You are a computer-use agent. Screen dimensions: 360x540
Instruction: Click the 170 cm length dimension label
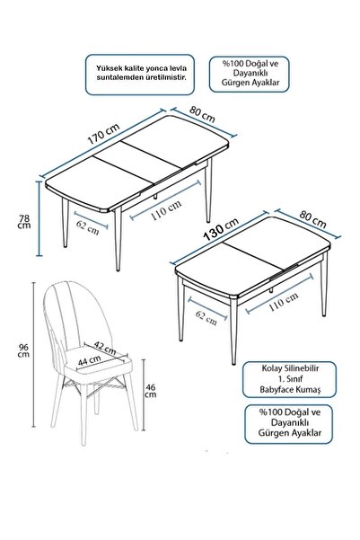[103, 134]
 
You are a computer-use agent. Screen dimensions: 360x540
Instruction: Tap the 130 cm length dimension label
[221, 229]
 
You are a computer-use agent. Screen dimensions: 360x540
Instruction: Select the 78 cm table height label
[25, 222]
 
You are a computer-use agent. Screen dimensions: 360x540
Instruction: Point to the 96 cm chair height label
[23, 350]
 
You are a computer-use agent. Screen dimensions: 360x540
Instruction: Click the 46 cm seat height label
[151, 391]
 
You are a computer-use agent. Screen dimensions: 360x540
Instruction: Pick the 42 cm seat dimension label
[105, 348]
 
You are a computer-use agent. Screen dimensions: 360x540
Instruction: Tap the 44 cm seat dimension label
[89, 360]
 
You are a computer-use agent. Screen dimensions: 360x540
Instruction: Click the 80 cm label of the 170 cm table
[202, 114]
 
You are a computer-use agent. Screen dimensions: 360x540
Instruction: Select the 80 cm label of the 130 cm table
[312, 219]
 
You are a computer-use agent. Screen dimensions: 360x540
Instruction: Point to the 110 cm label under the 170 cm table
[166, 209]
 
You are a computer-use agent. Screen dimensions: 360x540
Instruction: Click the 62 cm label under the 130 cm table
[206, 317]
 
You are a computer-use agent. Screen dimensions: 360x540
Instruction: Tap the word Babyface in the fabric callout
[275, 390]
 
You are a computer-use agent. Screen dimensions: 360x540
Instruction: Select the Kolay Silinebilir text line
[290, 368]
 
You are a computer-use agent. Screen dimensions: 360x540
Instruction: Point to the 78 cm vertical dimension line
[40, 219]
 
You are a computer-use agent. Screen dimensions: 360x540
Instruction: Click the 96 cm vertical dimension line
[34, 355]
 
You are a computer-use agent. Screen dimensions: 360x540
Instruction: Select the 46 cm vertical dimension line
[144, 394]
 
